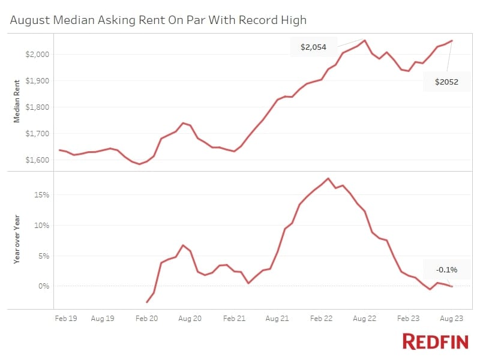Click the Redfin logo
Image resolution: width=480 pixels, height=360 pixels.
(x=436, y=341)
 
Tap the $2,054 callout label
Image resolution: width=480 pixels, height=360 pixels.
(x=313, y=47)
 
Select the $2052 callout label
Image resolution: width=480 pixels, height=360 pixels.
(x=446, y=82)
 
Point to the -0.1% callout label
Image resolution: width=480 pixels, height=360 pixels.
(x=446, y=269)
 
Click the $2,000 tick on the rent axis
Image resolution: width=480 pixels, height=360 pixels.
(x=37, y=54)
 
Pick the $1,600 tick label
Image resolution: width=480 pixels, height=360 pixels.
(x=37, y=160)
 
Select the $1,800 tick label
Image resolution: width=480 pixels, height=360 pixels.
(x=37, y=107)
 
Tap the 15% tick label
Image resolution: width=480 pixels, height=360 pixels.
(x=41, y=194)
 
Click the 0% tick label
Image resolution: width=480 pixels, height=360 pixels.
(x=44, y=286)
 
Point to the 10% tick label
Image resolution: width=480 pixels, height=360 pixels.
(x=41, y=226)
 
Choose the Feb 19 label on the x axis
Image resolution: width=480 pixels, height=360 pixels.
(x=66, y=319)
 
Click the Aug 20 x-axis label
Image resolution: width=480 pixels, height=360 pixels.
(x=190, y=319)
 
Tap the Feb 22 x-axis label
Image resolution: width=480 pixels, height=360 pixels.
(x=321, y=319)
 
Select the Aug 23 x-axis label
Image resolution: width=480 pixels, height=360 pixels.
(x=452, y=319)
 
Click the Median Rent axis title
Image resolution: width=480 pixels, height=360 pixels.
(x=17, y=101)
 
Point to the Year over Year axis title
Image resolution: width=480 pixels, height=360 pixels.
(x=17, y=239)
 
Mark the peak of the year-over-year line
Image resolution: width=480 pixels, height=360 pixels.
(x=328, y=178)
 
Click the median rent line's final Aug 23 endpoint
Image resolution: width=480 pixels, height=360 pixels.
(x=452, y=41)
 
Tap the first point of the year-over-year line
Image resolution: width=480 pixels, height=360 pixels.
(x=147, y=302)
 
